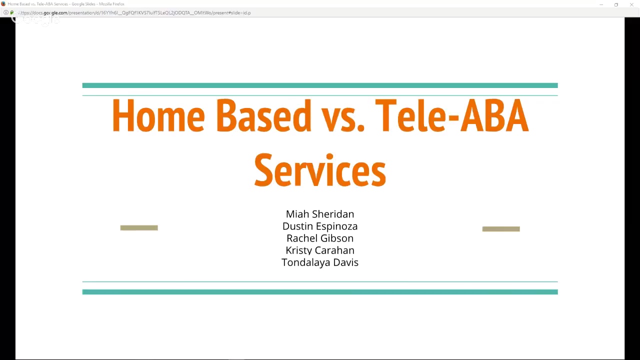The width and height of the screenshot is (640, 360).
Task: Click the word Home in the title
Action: tap(158, 116)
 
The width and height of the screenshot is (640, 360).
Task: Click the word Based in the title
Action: tap(263, 116)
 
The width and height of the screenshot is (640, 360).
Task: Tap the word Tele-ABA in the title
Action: tap(451, 116)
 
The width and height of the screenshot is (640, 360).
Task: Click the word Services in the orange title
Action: tap(320, 170)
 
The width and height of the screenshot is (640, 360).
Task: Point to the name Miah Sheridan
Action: tap(320, 214)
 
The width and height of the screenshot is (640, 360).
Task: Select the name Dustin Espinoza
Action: tap(320, 226)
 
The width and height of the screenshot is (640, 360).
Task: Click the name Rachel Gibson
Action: tap(320, 238)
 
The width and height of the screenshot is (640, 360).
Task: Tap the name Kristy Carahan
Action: tap(320, 250)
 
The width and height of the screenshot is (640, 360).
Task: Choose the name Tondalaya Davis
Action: tap(320, 262)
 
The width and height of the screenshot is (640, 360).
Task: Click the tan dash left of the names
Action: tap(139, 228)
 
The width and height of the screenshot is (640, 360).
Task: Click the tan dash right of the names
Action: tap(501, 229)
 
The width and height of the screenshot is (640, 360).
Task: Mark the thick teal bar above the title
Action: tap(320, 85)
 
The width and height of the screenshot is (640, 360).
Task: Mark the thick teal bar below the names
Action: tap(320, 292)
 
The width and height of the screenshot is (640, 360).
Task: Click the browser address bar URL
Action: tap(135, 12)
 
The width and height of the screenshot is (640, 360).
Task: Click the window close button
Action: tap(632, 4)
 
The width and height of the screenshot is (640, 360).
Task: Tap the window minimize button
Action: tap(601, 4)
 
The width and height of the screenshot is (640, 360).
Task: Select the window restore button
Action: tap(616, 4)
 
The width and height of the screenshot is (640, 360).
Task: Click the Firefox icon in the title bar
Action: tap(3, 4)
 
